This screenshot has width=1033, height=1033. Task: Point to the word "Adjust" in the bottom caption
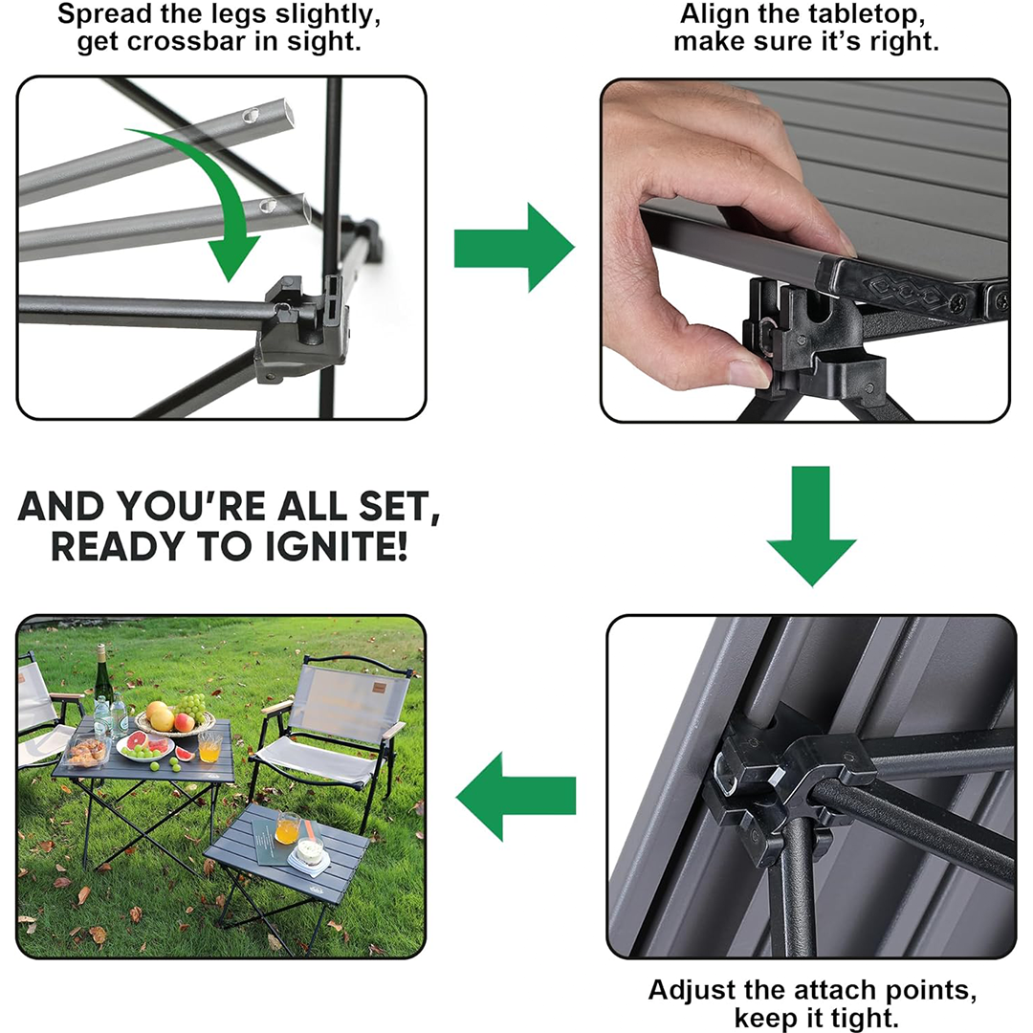point(692,990)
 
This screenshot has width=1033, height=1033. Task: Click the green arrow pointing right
point(514,248)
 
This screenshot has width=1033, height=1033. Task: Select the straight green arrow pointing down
point(811,526)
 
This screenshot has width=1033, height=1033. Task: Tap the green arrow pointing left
point(516,797)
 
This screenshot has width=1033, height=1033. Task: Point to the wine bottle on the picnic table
point(100,678)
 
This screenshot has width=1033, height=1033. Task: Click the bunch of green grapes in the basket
point(192,706)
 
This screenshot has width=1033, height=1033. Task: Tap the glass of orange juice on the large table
point(209,747)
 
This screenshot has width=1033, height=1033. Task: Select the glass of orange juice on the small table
point(287,827)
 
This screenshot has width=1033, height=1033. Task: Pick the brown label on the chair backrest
point(380,687)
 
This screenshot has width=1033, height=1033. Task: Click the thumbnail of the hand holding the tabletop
point(805,251)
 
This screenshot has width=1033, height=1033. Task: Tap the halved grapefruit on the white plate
point(139,742)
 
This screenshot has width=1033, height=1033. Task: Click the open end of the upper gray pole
point(287,111)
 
